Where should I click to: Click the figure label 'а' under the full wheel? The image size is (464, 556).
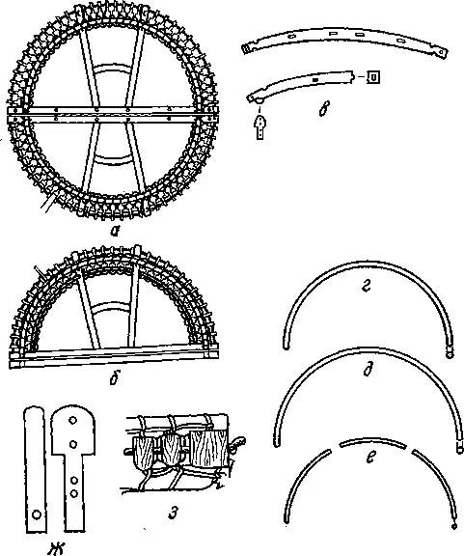point(115,231)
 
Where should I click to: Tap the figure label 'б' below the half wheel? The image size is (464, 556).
point(114,379)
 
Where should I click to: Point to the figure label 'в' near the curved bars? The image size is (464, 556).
point(324,110)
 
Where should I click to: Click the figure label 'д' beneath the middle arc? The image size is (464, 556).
point(367,369)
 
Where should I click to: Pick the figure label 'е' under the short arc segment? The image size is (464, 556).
point(369,459)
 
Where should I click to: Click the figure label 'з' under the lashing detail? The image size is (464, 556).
point(173,513)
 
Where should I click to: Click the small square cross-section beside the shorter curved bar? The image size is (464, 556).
point(373,76)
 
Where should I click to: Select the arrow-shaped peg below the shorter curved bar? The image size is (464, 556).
point(261,126)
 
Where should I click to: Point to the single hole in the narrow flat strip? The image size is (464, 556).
point(36,514)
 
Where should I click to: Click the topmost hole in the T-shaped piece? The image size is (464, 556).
point(73,421)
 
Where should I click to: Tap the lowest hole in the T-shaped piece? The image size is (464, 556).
point(74,493)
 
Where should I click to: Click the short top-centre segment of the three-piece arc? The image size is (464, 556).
point(373,441)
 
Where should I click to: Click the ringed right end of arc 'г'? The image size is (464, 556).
point(450,354)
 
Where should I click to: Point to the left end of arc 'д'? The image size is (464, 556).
point(277,442)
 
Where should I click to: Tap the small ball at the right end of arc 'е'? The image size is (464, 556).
point(454,527)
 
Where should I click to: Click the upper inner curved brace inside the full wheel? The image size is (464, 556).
point(111,69)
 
